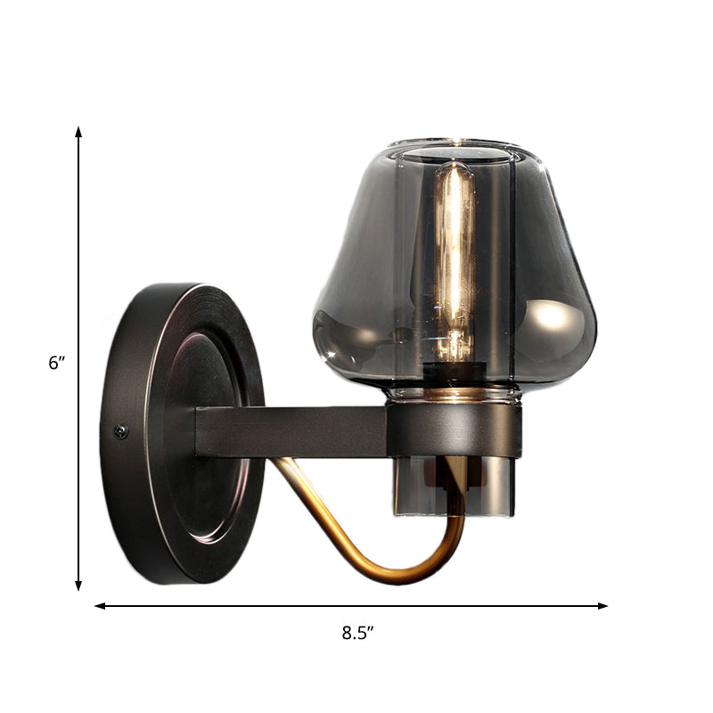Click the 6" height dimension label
click(x=58, y=364)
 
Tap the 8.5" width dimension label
click(x=356, y=634)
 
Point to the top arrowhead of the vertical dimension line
click(x=78, y=132)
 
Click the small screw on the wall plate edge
click(x=121, y=431)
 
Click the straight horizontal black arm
click(x=294, y=431)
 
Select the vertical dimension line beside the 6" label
click(x=78, y=267)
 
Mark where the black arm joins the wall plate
click(x=201, y=431)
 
